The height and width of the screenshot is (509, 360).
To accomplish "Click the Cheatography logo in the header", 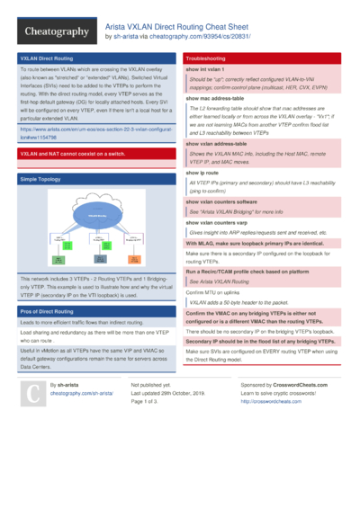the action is pos(55,31).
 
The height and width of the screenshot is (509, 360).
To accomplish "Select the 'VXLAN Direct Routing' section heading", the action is pos(48,58).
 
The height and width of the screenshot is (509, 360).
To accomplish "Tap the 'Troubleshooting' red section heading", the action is pos(206,58).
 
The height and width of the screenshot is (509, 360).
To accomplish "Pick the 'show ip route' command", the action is pos(203,172).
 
